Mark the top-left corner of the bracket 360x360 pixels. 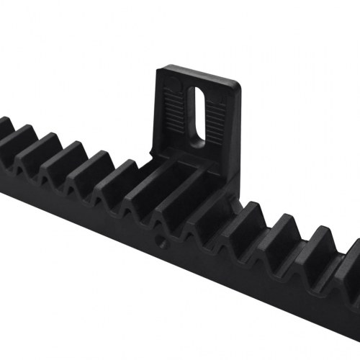click(163, 69)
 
